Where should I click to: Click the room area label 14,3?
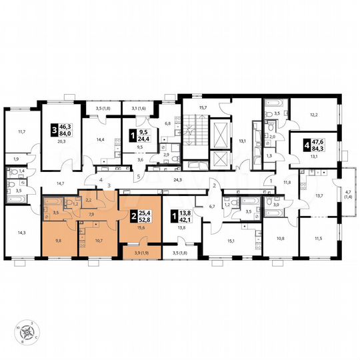(x=21, y=232)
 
